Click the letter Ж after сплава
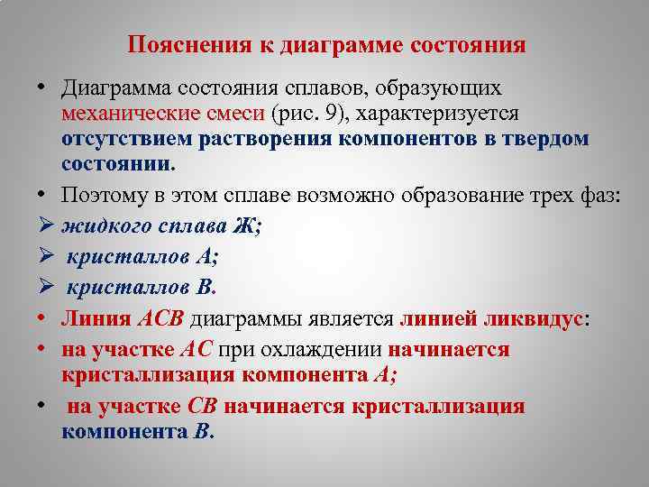coord(249,227)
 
